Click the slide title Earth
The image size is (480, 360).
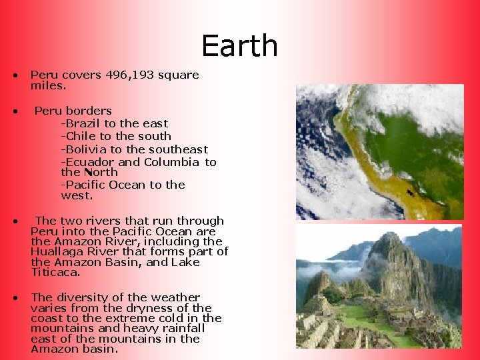(x=239, y=46)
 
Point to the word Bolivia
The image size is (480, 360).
(x=85, y=149)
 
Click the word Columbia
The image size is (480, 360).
(x=171, y=162)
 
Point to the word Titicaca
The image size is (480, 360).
(x=55, y=272)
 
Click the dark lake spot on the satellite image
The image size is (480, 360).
(x=409, y=194)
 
